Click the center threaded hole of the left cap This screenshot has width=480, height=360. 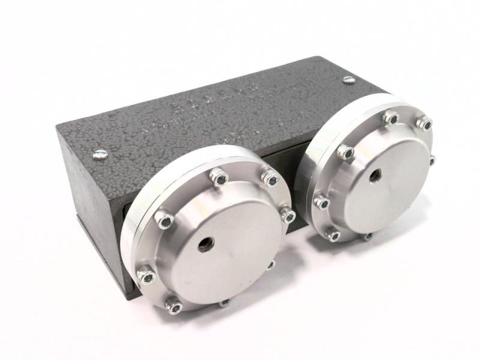pos(205,243)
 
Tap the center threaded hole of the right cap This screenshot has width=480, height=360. pos(377,176)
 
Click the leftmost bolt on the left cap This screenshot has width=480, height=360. pos(145,277)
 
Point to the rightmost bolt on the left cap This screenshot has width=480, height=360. pos(289,215)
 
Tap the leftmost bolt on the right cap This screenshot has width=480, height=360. pos(322,203)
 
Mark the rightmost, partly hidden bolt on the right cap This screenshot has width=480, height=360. pos(431,160)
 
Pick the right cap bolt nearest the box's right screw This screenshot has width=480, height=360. pos(391,118)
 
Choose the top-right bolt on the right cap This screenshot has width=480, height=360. pos(424,124)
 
